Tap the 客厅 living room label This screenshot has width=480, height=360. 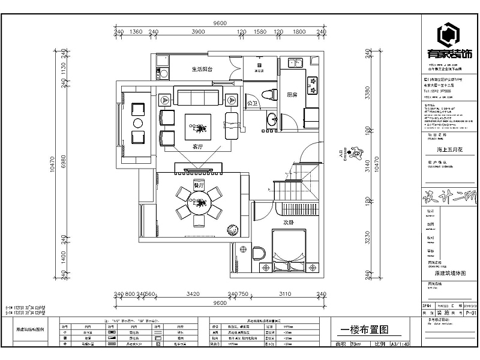coord(197,146)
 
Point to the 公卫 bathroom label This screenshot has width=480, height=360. coord(253,103)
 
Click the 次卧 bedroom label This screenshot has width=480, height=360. coord(289,223)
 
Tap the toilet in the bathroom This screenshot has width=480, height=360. coord(270,94)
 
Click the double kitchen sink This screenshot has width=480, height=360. coord(295,62)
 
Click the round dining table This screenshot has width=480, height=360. coord(197,205)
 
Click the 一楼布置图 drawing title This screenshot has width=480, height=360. coord(365,329)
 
